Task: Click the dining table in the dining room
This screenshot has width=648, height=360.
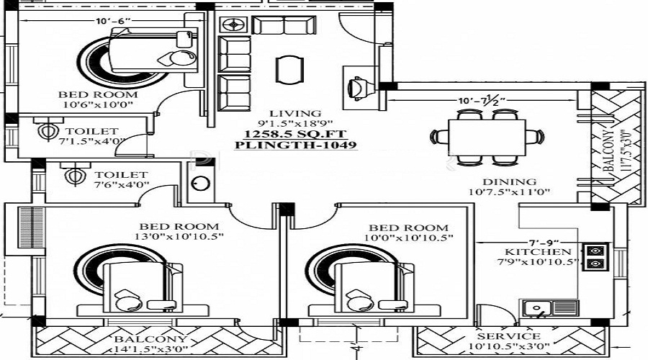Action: click(487, 137)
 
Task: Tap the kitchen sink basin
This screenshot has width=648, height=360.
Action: click(537, 308)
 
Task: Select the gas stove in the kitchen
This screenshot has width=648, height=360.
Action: click(595, 256)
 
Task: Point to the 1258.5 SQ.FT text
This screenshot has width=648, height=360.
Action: click(295, 134)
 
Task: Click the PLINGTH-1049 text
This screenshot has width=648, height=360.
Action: click(295, 145)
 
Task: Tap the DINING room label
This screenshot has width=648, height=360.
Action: click(510, 182)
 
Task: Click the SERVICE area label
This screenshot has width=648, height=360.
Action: click(509, 336)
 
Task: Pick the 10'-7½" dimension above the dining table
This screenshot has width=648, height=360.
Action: click(482, 100)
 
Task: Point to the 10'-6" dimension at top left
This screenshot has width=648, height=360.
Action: click(113, 21)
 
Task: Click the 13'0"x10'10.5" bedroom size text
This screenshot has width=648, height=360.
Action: click(179, 237)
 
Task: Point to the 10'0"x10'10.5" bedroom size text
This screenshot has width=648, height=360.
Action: click(409, 238)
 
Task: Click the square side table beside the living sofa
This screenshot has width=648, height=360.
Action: click(233, 24)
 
